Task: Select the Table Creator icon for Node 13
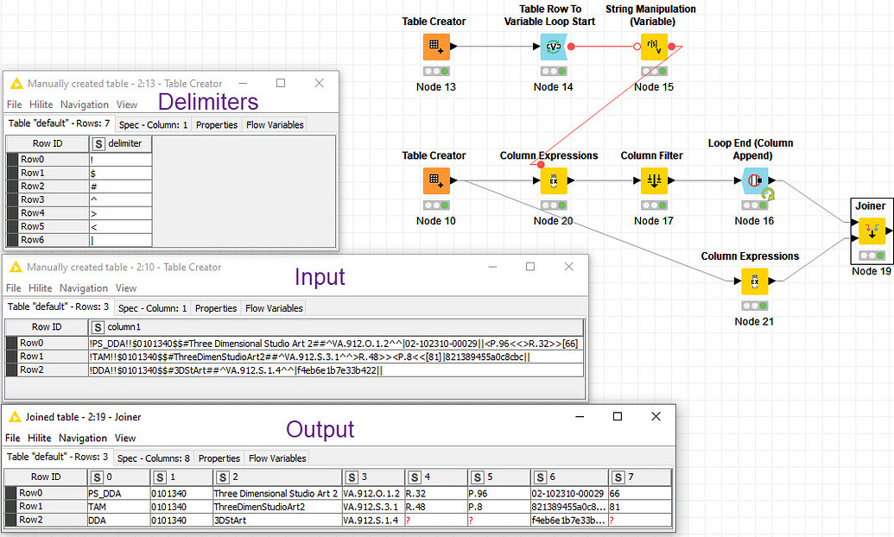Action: [435, 47]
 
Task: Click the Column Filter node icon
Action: [653, 180]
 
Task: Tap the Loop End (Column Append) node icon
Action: [754, 180]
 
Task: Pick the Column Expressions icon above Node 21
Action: [754, 281]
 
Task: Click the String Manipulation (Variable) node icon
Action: [653, 47]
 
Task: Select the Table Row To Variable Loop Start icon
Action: [553, 47]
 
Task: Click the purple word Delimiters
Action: [208, 102]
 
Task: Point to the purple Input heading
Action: [320, 277]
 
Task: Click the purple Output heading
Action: [320, 429]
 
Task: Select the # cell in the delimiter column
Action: [120, 186]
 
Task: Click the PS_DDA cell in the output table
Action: [118, 493]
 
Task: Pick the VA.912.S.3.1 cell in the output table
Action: [372, 507]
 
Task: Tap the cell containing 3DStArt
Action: [276, 521]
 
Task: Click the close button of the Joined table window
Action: [656, 416]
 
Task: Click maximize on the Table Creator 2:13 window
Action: [281, 83]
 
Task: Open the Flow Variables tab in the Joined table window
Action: [277, 458]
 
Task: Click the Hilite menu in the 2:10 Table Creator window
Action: [40, 287]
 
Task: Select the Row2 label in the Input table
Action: [33, 370]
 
